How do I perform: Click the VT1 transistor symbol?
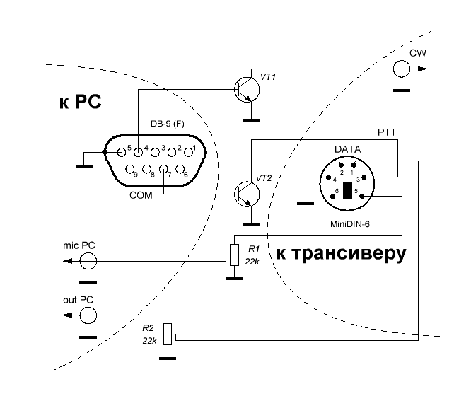pos(247,89)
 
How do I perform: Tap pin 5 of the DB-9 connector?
pos(122,151)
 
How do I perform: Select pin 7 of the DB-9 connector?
pos(163,170)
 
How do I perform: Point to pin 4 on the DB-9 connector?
pos(139,151)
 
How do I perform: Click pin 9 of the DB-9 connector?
pos(131,170)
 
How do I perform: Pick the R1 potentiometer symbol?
pos(234,254)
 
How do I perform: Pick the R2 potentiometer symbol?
pos(168,334)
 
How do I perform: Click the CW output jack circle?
pos(401,69)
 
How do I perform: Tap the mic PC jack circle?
pos(87,262)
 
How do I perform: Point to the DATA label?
pos(347,150)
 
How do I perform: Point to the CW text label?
pos(417,54)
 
